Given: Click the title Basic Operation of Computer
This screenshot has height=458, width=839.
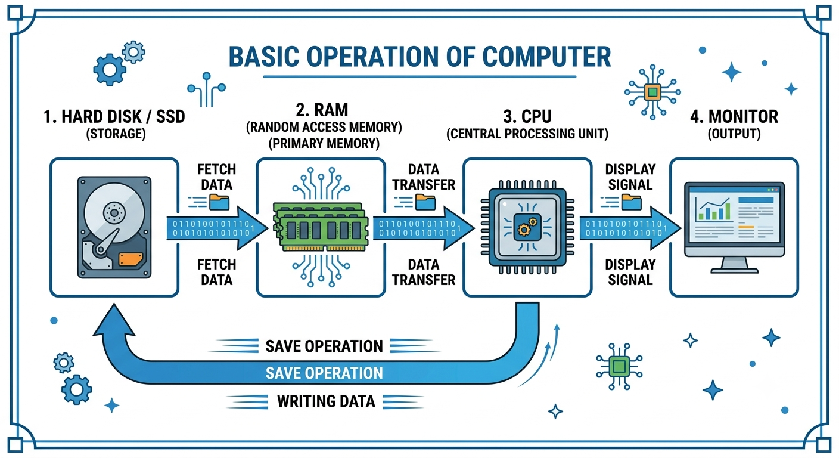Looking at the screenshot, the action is coord(419,57).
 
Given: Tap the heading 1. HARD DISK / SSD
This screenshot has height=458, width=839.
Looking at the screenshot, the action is coord(114,116).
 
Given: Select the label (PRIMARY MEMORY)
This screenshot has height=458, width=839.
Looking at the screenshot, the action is coord(324,144).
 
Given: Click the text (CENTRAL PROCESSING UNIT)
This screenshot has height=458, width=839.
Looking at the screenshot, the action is coord(527,134).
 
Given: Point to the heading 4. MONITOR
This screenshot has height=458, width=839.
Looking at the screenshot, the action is coord(734,116).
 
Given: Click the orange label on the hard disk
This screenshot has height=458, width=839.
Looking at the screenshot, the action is coord(130,259).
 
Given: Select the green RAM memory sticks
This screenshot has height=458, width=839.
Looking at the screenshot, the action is coord(321,227).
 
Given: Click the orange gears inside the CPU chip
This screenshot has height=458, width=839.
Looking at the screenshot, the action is coord(527,225).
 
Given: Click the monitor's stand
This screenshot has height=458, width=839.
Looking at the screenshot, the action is coord(735,265).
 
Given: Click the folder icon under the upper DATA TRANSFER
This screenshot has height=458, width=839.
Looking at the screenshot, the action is coord(425,202).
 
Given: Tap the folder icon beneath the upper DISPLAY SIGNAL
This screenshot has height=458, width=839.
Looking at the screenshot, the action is coord(632,202).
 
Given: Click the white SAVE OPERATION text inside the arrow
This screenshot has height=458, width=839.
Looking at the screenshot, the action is coord(324,373).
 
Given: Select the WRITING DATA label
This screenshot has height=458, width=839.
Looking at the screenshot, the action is coord(326,401).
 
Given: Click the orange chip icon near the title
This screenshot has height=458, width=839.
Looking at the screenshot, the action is coord(652,92).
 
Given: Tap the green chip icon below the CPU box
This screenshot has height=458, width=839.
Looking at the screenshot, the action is coord(619,366).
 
